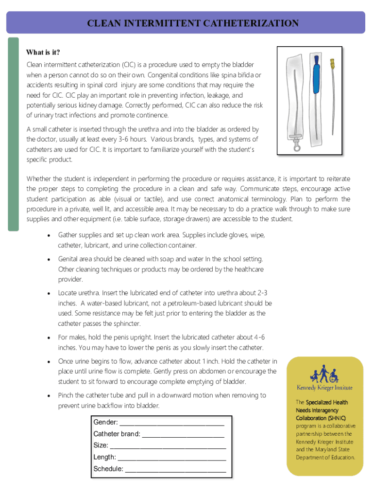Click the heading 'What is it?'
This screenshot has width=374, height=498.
point(43,53)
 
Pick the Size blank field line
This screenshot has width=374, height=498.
point(168,445)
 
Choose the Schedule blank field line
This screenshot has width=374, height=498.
point(175,469)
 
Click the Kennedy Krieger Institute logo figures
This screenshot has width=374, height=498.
point(324,374)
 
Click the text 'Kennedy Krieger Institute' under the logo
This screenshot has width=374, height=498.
point(324,388)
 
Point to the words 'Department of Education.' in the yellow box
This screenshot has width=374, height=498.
point(325,457)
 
